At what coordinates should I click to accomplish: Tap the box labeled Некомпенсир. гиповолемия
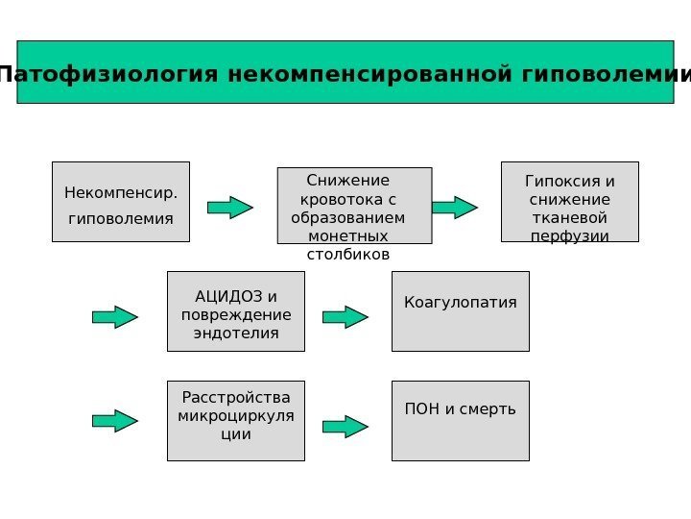point(121,202)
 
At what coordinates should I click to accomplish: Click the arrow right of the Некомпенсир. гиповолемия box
point(230,207)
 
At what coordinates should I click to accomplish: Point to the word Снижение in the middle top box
point(347,181)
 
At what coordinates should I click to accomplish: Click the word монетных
point(347,235)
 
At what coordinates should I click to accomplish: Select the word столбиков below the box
point(347,255)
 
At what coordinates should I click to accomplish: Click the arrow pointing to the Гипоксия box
point(454,207)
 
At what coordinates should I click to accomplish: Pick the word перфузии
point(569,236)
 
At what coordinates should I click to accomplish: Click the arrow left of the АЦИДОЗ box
point(115,317)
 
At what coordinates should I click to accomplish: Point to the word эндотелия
point(236,334)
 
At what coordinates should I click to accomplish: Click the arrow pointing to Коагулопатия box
point(345,317)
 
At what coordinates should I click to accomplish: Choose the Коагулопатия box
point(460,311)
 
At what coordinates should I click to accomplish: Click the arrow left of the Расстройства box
point(115,421)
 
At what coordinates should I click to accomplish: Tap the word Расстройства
point(236,398)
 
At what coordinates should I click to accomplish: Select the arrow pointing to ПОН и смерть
point(345,427)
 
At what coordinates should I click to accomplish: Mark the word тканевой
point(569,218)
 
